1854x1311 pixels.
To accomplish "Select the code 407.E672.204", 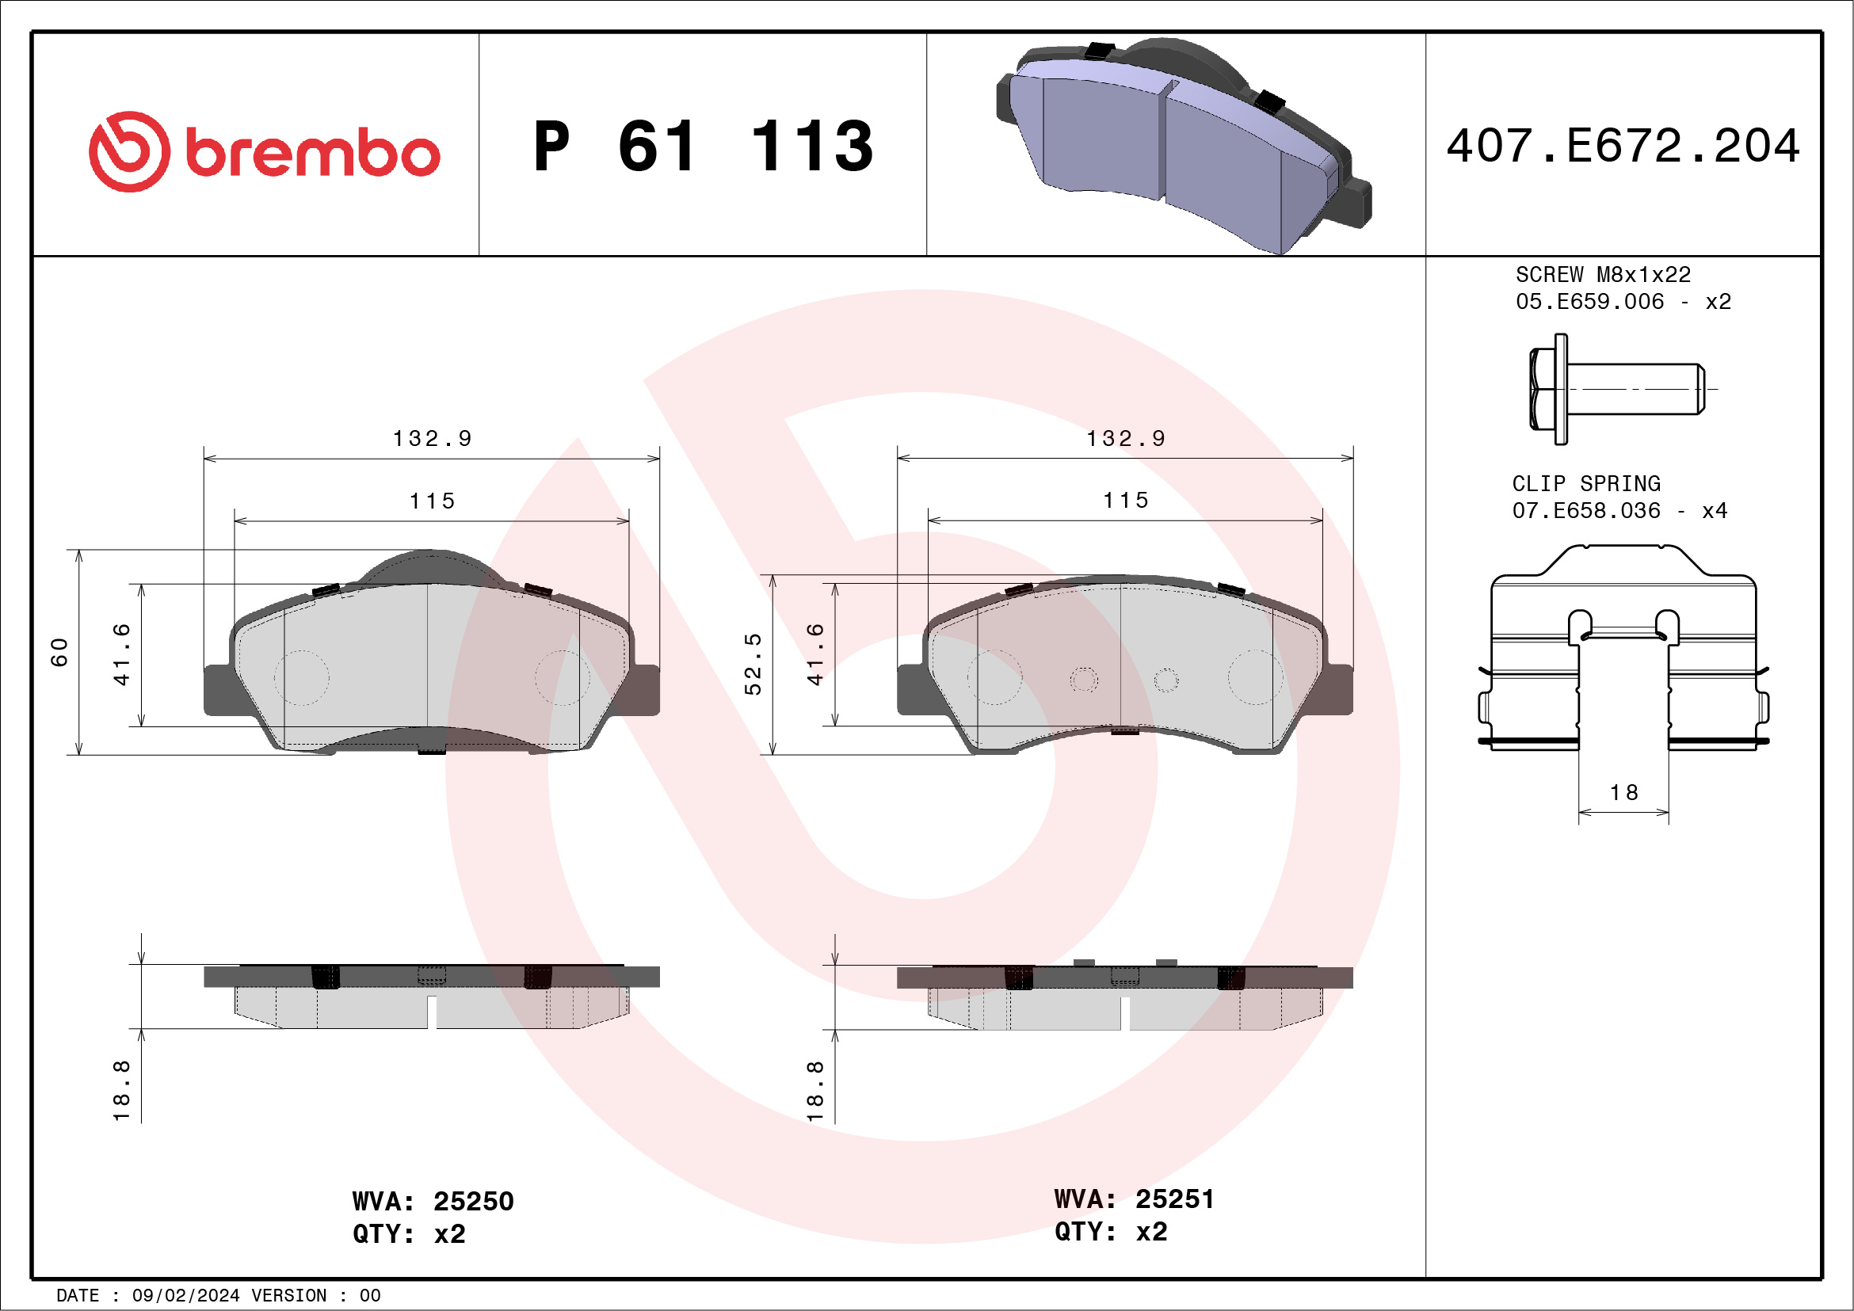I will pos(1623,146).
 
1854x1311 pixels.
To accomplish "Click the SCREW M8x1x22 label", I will pos(1602,274).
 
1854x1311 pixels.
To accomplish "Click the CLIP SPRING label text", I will pos(1586,483).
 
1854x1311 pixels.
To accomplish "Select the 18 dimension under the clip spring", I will pos(1624,793).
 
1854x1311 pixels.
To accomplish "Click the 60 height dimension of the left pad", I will pos(59,652).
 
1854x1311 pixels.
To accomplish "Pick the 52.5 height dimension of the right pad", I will pos(753,664).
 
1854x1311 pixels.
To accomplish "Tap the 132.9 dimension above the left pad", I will pos(432,438).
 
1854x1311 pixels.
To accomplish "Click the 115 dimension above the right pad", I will pos(1126,501).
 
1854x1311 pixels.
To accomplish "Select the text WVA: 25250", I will pos(433,1201).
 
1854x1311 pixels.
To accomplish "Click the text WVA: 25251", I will pos(1134,1199).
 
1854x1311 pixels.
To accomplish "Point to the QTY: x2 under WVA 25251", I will pos(1110,1232).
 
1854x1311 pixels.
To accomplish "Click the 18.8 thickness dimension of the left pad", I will pos(121,1091).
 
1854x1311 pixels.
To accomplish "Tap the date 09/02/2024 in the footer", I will pos(185,1296).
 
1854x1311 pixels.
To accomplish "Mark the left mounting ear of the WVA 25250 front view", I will pos(218,690).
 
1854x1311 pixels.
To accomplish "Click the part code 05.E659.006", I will pos(1589,302).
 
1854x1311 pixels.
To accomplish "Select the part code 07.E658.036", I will pos(1586,511).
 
